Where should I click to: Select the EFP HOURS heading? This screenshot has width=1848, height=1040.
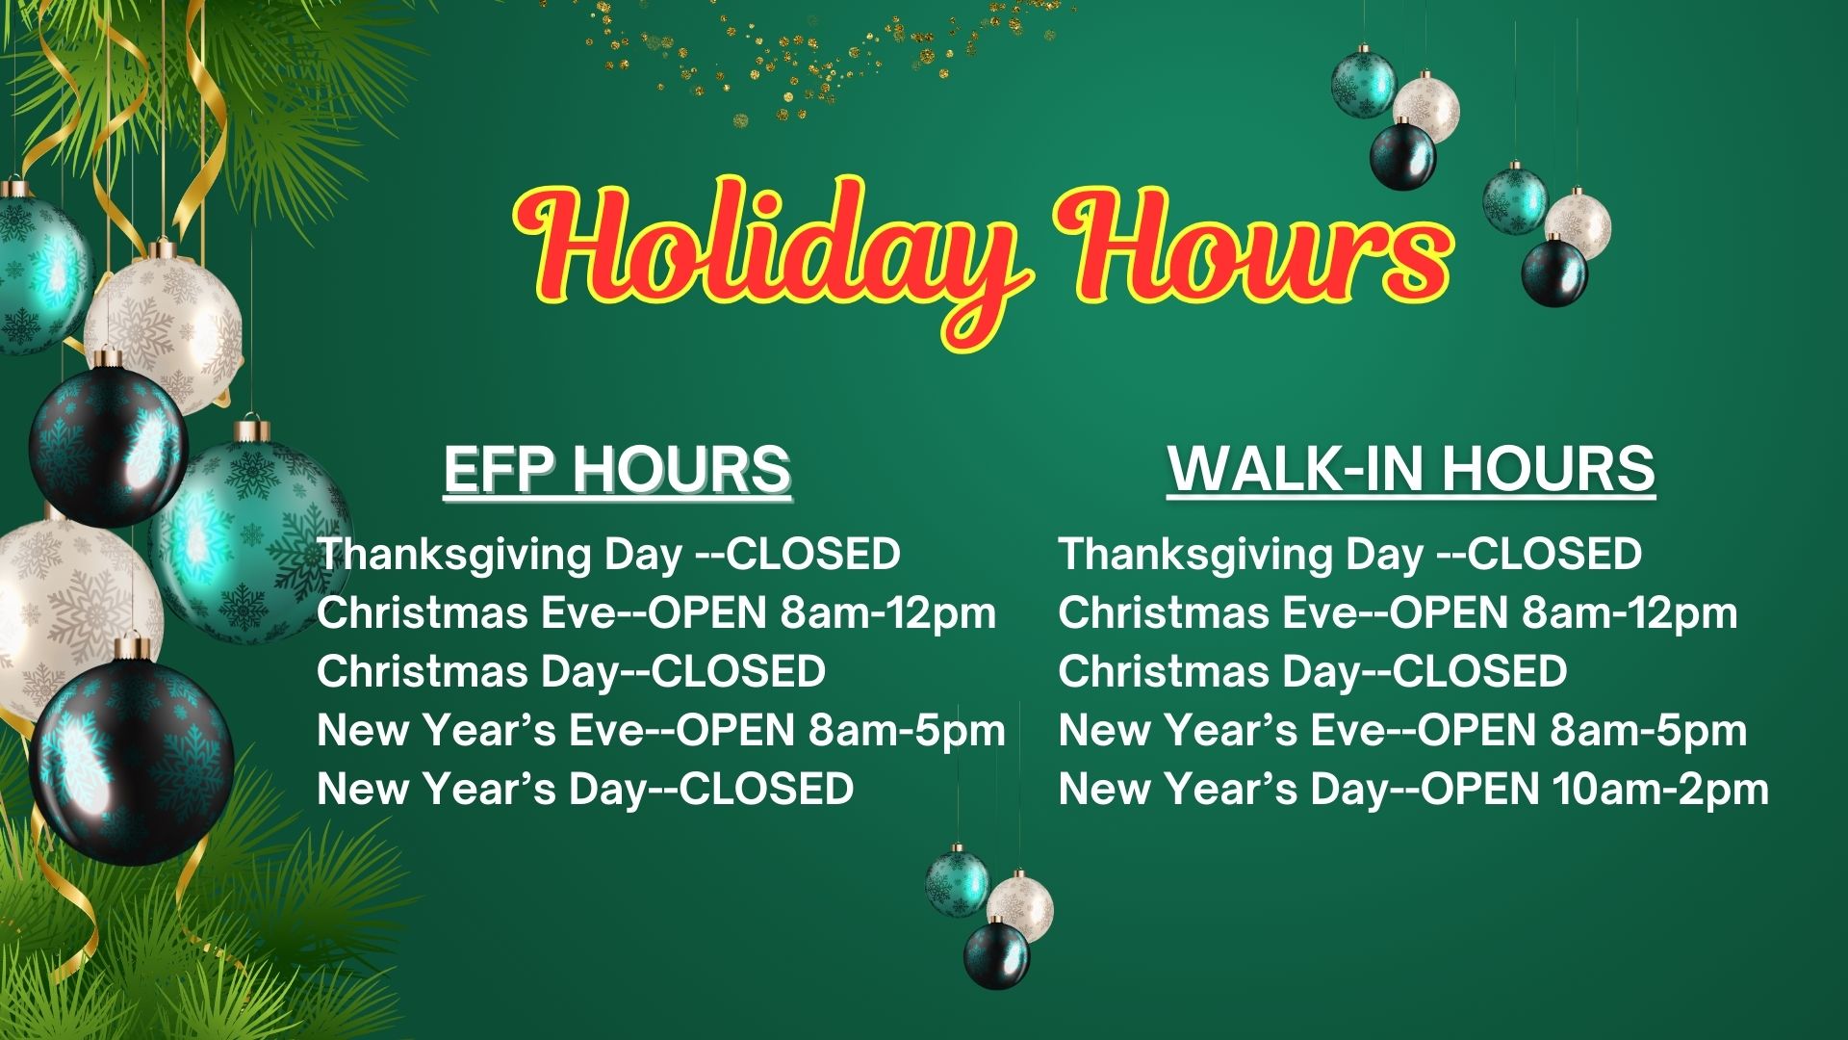click(x=617, y=470)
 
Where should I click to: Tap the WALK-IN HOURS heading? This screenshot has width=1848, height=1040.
click(x=1411, y=470)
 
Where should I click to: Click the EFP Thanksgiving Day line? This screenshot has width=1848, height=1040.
click(x=608, y=556)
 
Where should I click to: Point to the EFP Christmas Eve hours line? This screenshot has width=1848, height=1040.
click(x=656, y=614)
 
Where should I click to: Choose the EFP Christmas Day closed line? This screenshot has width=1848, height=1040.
click(x=571, y=671)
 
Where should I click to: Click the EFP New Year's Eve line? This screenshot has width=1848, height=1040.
click(x=661, y=730)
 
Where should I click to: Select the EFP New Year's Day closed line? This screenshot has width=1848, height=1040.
click(x=585, y=789)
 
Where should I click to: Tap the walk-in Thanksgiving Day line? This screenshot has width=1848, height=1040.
click(x=1350, y=556)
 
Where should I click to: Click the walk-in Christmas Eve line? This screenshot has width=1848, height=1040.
click(x=1399, y=614)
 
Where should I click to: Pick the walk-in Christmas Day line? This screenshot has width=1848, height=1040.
click(x=1313, y=671)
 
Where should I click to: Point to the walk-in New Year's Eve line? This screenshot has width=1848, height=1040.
click(x=1403, y=730)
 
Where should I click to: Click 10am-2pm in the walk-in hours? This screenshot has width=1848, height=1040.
click(x=1660, y=790)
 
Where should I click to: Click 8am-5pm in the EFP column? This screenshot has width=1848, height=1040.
click(x=907, y=731)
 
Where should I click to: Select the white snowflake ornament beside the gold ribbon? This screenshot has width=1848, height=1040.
click(x=164, y=327)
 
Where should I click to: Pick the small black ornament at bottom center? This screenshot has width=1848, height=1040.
click(x=996, y=953)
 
